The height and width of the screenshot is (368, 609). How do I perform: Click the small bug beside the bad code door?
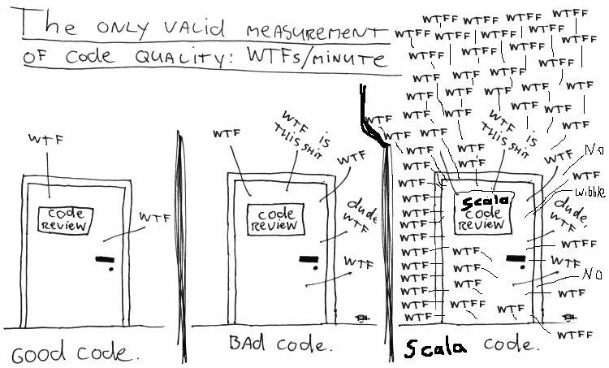(361, 317)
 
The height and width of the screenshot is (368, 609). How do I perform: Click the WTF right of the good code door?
(155, 217)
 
